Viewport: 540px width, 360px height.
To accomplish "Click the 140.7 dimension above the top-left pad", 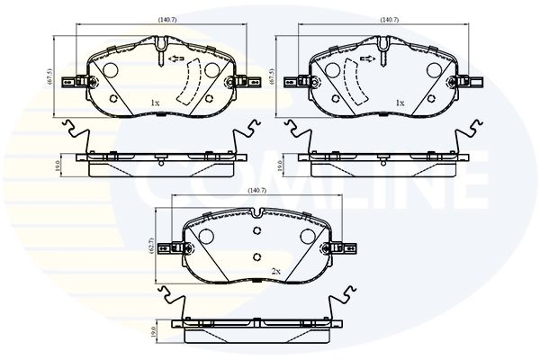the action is pos(167,20).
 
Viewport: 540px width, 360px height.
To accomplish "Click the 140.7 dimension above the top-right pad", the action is pos(390,20).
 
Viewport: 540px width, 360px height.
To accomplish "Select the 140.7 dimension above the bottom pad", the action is pos(257,191).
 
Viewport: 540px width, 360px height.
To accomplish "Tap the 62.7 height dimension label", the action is pos(150,246).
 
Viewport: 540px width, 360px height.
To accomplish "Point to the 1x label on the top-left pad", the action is pos(155,103).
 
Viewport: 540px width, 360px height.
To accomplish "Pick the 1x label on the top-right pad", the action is pos(400,103).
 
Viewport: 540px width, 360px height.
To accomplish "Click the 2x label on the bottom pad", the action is pos(276,272).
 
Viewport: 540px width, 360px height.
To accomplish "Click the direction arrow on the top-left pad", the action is pos(176,58).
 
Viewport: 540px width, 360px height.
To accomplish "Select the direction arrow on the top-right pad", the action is pos(368,58).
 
